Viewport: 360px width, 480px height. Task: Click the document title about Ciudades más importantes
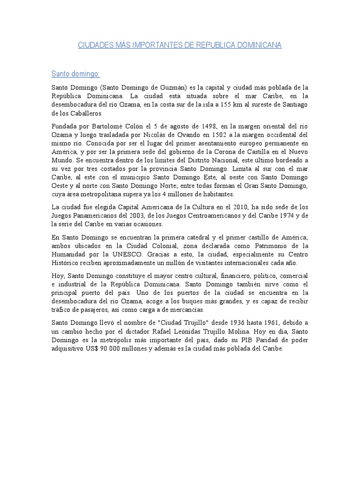click(x=180, y=45)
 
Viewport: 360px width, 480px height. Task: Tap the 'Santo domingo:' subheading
click(x=75, y=74)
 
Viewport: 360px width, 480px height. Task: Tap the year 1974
click(x=279, y=216)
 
